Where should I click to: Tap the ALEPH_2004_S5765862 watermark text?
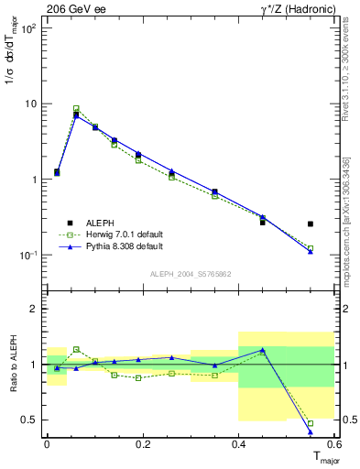(x=191, y=274)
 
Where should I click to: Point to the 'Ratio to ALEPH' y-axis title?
(x=12, y=364)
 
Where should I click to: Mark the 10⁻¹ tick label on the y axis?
(x=27, y=255)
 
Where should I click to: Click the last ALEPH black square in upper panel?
(x=311, y=224)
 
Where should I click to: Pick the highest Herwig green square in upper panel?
(x=76, y=108)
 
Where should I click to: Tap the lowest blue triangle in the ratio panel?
(x=311, y=431)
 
